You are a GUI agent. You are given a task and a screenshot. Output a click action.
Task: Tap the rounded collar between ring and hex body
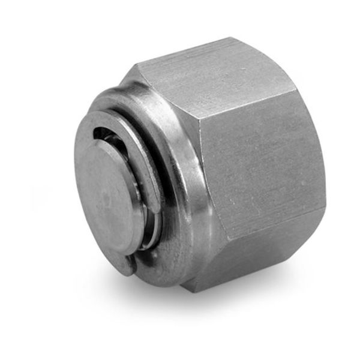click(x=186, y=198)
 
